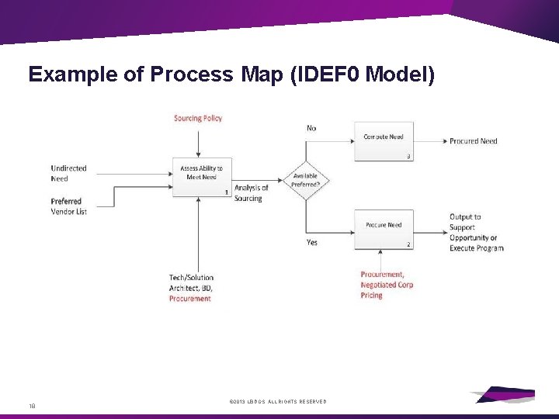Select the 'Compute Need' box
pos(384,140)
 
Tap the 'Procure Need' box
pos(384,229)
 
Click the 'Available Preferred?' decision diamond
pos(306,181)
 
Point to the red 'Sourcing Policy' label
pos(198,119)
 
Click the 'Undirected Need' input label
pos(68,173)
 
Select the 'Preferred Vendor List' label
pos(68,206)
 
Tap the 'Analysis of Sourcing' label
pos(251,193)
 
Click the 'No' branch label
pos(311,128)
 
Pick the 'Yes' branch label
pos(311,242)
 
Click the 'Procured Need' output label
pos(473,141)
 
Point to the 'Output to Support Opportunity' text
pos(476,233)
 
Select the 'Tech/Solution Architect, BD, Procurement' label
pos(191,288)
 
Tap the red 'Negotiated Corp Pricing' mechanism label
pos(387,285)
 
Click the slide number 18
pos(33,404)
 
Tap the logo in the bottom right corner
pos(505,394)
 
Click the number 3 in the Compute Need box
pos(408,156)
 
